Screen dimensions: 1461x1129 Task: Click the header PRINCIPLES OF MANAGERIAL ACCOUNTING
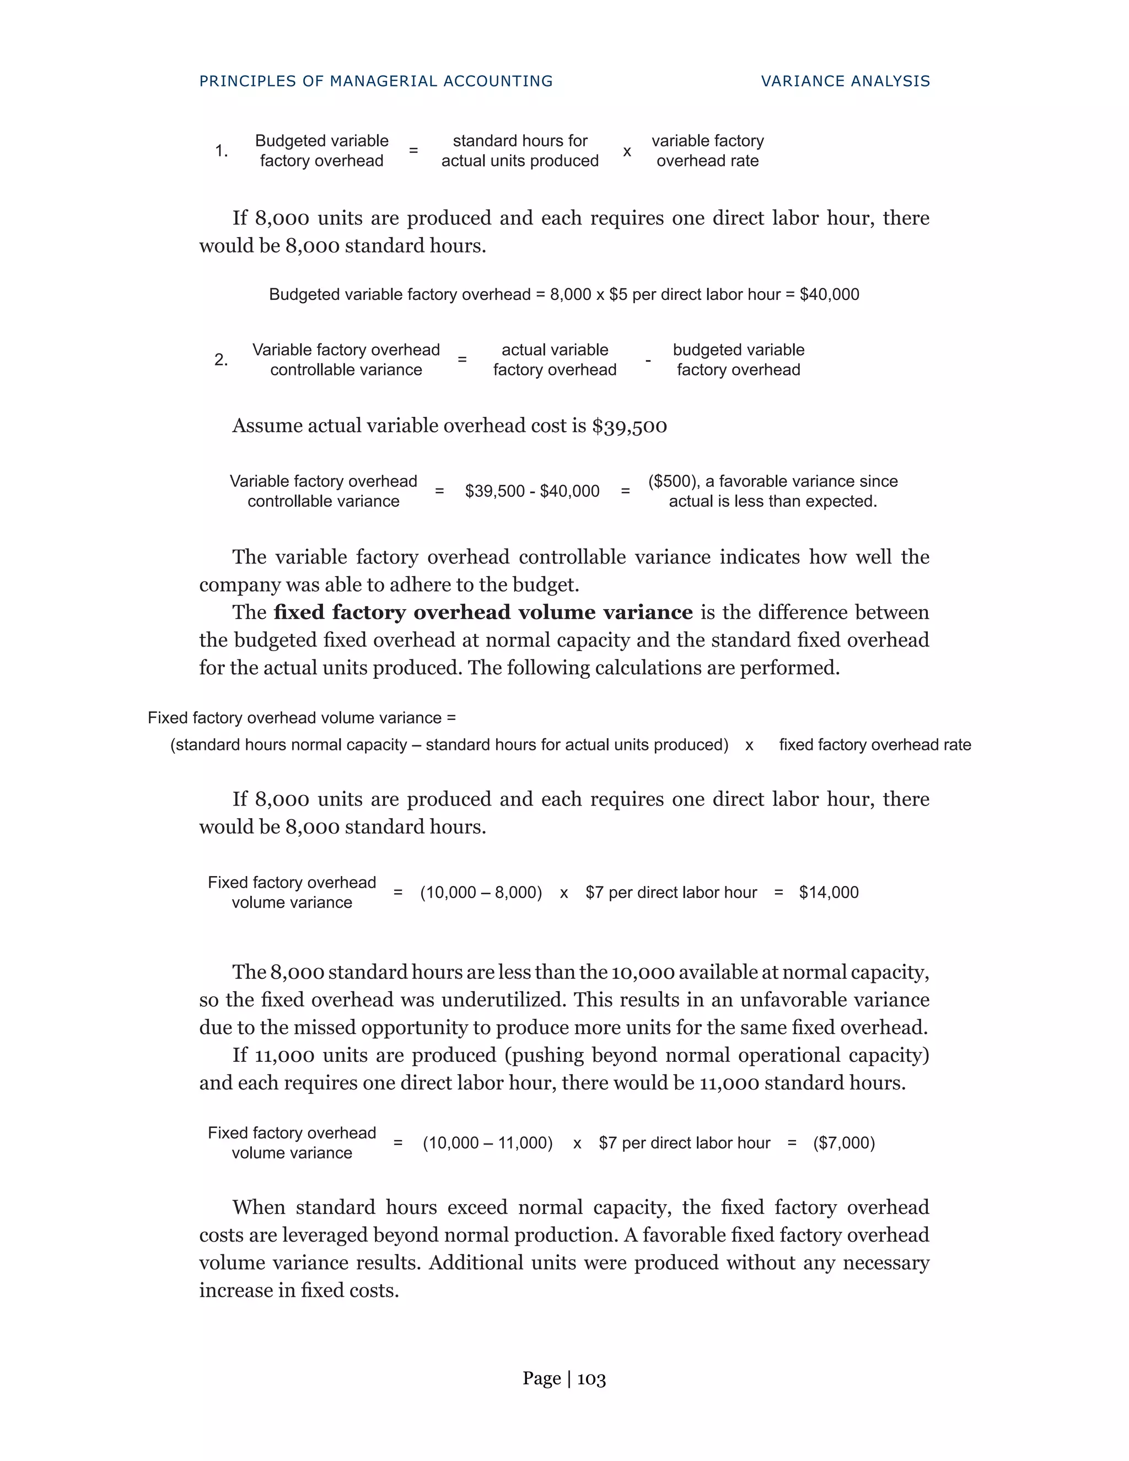(x=376, y=82)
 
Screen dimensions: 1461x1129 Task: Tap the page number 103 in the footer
(x=592, y=1379)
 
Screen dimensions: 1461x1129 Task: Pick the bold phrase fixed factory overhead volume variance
(x=483, y=613)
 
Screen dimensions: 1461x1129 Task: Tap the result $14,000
(x=829, y=893)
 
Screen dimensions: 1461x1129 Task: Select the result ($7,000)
(x=843, y=1142)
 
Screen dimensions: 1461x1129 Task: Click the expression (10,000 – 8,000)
(x=481, y=893)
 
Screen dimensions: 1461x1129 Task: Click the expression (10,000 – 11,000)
(x=487, y=1142)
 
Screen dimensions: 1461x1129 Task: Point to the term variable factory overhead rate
(x=708, y=151)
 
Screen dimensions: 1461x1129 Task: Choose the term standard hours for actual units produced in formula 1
(x=520, y=151)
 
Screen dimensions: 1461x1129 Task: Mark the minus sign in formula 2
(x=647, y=361)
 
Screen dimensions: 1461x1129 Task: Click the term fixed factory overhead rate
(x=875, y=745)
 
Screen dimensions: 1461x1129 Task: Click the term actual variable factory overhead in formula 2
(x=555, y=360)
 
